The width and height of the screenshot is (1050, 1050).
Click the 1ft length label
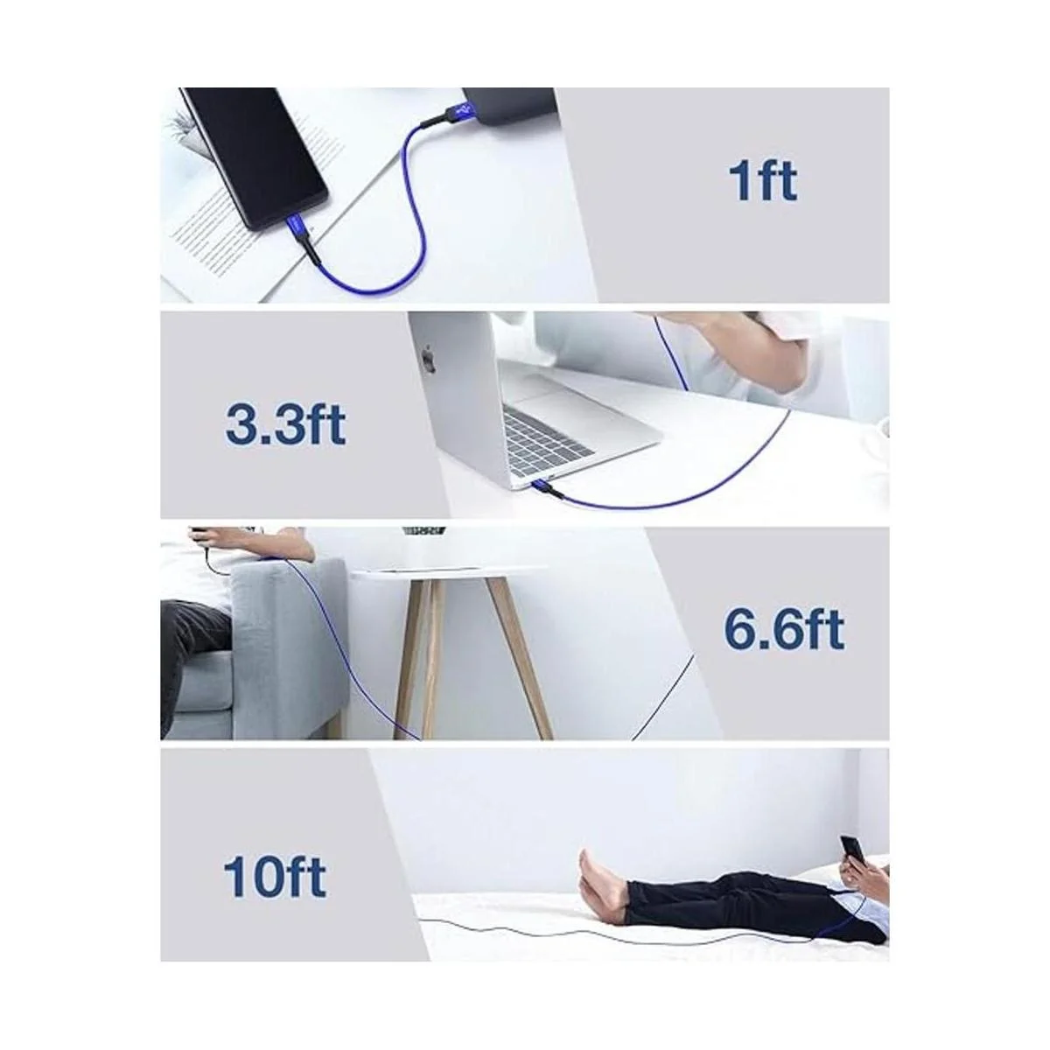[x=762, y=180]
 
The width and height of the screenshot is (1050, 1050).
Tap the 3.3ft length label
[x=285, y=423]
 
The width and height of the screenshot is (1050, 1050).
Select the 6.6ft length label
[x=784, y=630]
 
